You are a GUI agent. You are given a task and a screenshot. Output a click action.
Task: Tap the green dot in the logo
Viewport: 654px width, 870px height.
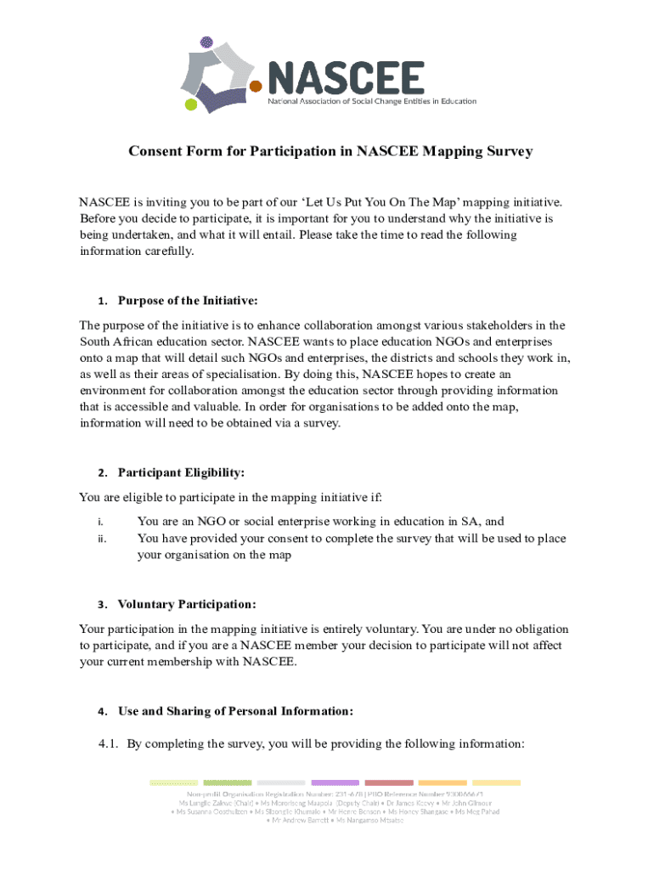click(x=191, y=105)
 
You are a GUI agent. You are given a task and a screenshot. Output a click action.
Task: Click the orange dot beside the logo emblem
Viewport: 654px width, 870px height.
click(x=255, y=86)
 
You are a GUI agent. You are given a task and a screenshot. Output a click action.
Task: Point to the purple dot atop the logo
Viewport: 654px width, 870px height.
click(x=206, y=41)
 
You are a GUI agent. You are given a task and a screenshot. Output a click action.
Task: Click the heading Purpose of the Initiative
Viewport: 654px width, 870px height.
click(x=188, y=301)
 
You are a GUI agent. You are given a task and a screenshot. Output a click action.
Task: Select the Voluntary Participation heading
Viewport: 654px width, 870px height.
click(x=187, y=605)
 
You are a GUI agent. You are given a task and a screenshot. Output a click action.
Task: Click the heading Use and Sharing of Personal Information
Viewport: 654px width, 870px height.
click(x=235, y=711)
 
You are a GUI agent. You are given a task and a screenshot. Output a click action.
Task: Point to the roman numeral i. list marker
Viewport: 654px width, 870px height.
click(x=100, y=523)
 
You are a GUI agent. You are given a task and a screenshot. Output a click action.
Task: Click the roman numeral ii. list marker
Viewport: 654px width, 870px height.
click(x=101, y=539)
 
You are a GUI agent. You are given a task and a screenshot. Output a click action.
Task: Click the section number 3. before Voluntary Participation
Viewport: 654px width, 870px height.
click(x=100, y=606)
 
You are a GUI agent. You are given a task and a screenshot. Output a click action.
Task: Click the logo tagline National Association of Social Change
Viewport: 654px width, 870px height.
click(x=372, y=101)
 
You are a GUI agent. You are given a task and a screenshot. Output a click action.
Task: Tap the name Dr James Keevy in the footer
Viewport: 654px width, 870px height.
click(x=398, y=802)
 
